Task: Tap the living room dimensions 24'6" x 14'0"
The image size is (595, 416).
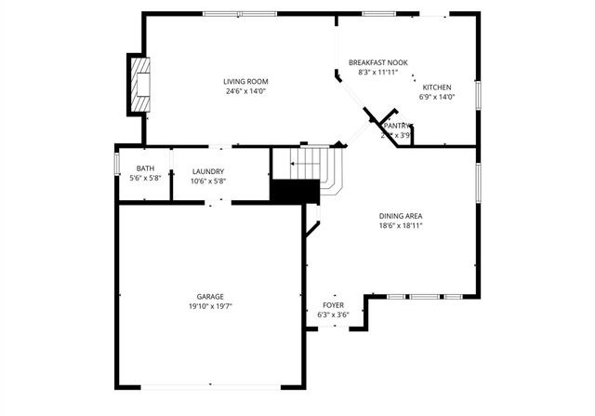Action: click(x=245, y=91)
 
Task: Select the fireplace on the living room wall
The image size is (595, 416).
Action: click(x=139, y=84)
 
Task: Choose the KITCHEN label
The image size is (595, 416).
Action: click(x=437, y=87)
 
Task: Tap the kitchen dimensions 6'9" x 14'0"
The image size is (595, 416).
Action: click(x=437, y=97)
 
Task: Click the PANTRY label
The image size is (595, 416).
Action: click(x=397, y=125)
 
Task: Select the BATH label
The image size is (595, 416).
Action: click(x=146, y=168)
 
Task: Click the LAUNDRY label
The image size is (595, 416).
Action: click(x=208, y=171)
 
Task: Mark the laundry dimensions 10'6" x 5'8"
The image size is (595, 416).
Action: click(x=208, y=181)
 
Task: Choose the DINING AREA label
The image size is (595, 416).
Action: click(x=401, y=215)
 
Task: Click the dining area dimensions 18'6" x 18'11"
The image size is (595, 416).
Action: click(x=401, y=224)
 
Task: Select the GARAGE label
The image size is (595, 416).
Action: click(x=210, y=296)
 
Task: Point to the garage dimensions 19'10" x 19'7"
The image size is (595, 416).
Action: click(x=210, y=305)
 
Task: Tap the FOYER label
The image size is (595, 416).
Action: click(x=334, y=305)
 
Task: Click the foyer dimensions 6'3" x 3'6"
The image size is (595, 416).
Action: click(x=334, y=315)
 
